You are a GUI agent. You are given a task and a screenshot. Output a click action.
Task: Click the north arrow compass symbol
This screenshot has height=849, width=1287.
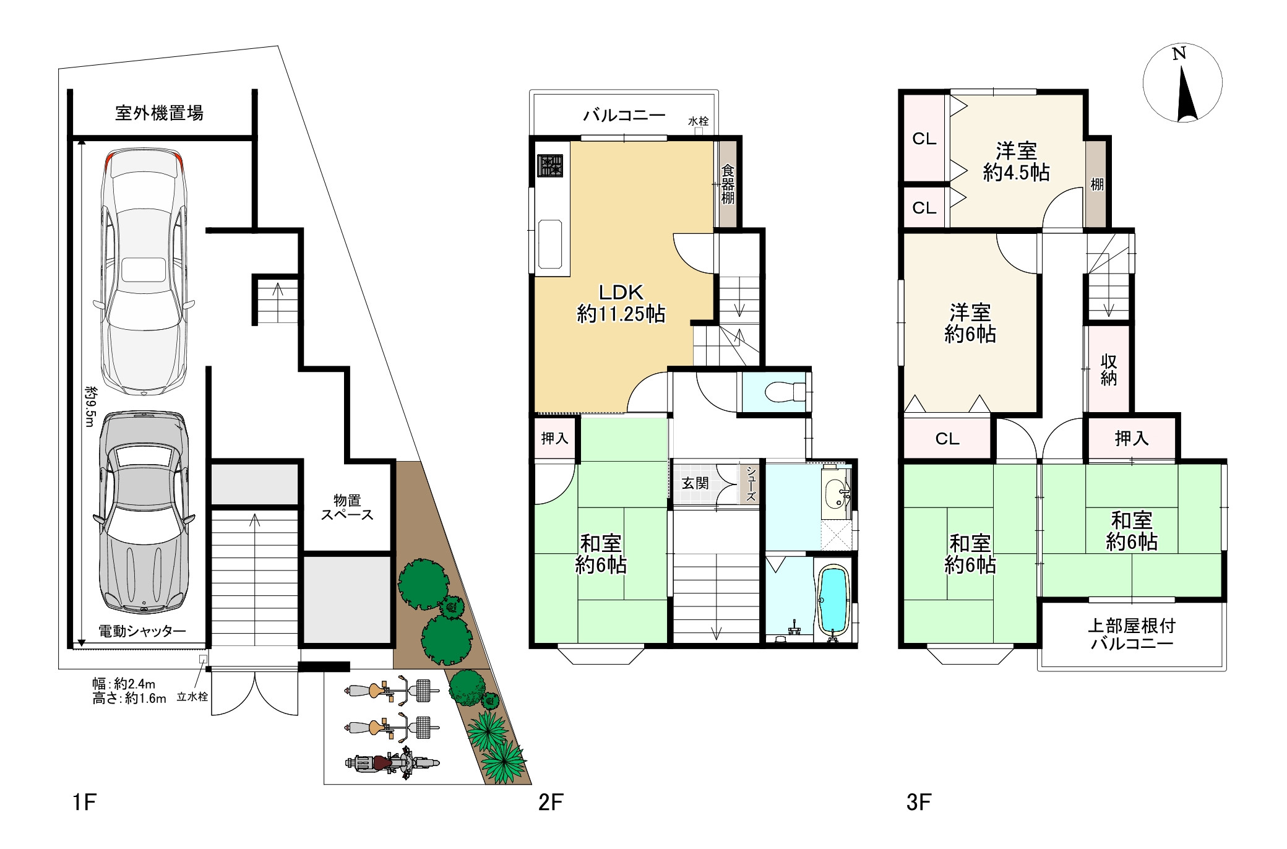1182,82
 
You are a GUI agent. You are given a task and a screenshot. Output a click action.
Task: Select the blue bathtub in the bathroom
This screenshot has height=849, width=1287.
833,600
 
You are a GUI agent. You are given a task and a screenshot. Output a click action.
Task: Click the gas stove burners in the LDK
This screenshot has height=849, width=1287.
550,166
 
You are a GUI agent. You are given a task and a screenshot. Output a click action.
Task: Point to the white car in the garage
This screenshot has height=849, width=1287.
144,272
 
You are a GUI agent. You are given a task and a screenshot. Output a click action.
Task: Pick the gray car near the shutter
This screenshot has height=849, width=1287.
144,512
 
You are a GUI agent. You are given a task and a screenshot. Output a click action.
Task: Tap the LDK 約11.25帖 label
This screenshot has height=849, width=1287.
621,303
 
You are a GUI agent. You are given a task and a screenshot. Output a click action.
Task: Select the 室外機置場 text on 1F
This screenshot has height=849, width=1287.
159,113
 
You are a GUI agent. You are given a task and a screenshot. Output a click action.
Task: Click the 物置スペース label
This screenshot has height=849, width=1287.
347,507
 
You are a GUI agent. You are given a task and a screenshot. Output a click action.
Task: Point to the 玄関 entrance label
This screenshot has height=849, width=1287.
695,483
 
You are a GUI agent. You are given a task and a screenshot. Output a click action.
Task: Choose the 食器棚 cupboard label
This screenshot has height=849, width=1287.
728,184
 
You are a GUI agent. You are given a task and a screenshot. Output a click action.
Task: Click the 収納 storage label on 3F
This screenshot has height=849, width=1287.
1108,370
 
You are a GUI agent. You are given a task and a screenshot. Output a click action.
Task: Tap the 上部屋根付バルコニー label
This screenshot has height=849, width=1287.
1132,635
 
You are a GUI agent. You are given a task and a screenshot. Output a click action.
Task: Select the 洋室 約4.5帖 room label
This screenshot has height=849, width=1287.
1016,162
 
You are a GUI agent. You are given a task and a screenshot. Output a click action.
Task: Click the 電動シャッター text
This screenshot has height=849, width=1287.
142,631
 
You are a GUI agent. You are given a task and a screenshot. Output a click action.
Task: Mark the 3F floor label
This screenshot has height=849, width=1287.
918,803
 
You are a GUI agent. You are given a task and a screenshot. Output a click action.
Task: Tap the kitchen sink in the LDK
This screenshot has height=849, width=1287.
549,244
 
